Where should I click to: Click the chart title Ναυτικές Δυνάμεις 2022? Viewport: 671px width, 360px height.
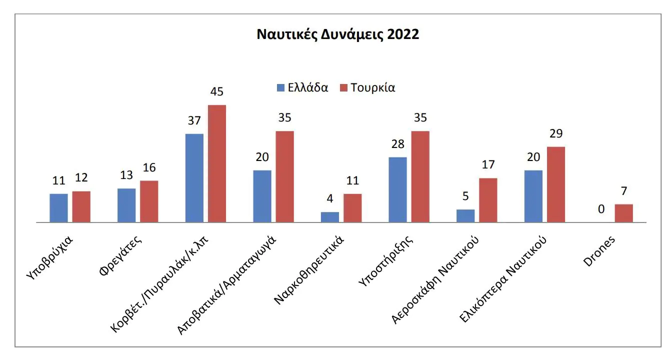[x=337, y=35]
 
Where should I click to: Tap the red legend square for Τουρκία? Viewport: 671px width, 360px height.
[x=343, y=88]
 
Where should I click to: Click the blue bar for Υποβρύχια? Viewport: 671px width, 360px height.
[x=58, y=207]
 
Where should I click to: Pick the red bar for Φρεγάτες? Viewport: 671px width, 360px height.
[x=149, y=201]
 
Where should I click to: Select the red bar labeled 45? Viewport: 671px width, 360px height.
[x=217, y=163]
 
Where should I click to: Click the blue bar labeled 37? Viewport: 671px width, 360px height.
[x=194, y=177]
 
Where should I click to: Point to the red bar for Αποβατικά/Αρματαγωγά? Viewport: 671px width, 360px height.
[x=284, y=176]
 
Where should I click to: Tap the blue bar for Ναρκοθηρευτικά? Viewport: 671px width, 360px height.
[x=330, y=216]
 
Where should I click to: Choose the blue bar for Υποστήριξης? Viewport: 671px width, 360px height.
[x=397, y=189]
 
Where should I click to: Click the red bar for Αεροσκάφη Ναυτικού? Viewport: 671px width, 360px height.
[x=488, y=199]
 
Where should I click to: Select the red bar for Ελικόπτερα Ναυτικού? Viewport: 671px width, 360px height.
[x=555, y=184]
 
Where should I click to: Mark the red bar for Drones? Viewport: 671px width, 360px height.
[x=623, y=212]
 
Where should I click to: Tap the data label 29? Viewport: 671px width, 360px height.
[x=556, y=134]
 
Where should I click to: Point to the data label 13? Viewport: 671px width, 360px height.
[x=126, y=176]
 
